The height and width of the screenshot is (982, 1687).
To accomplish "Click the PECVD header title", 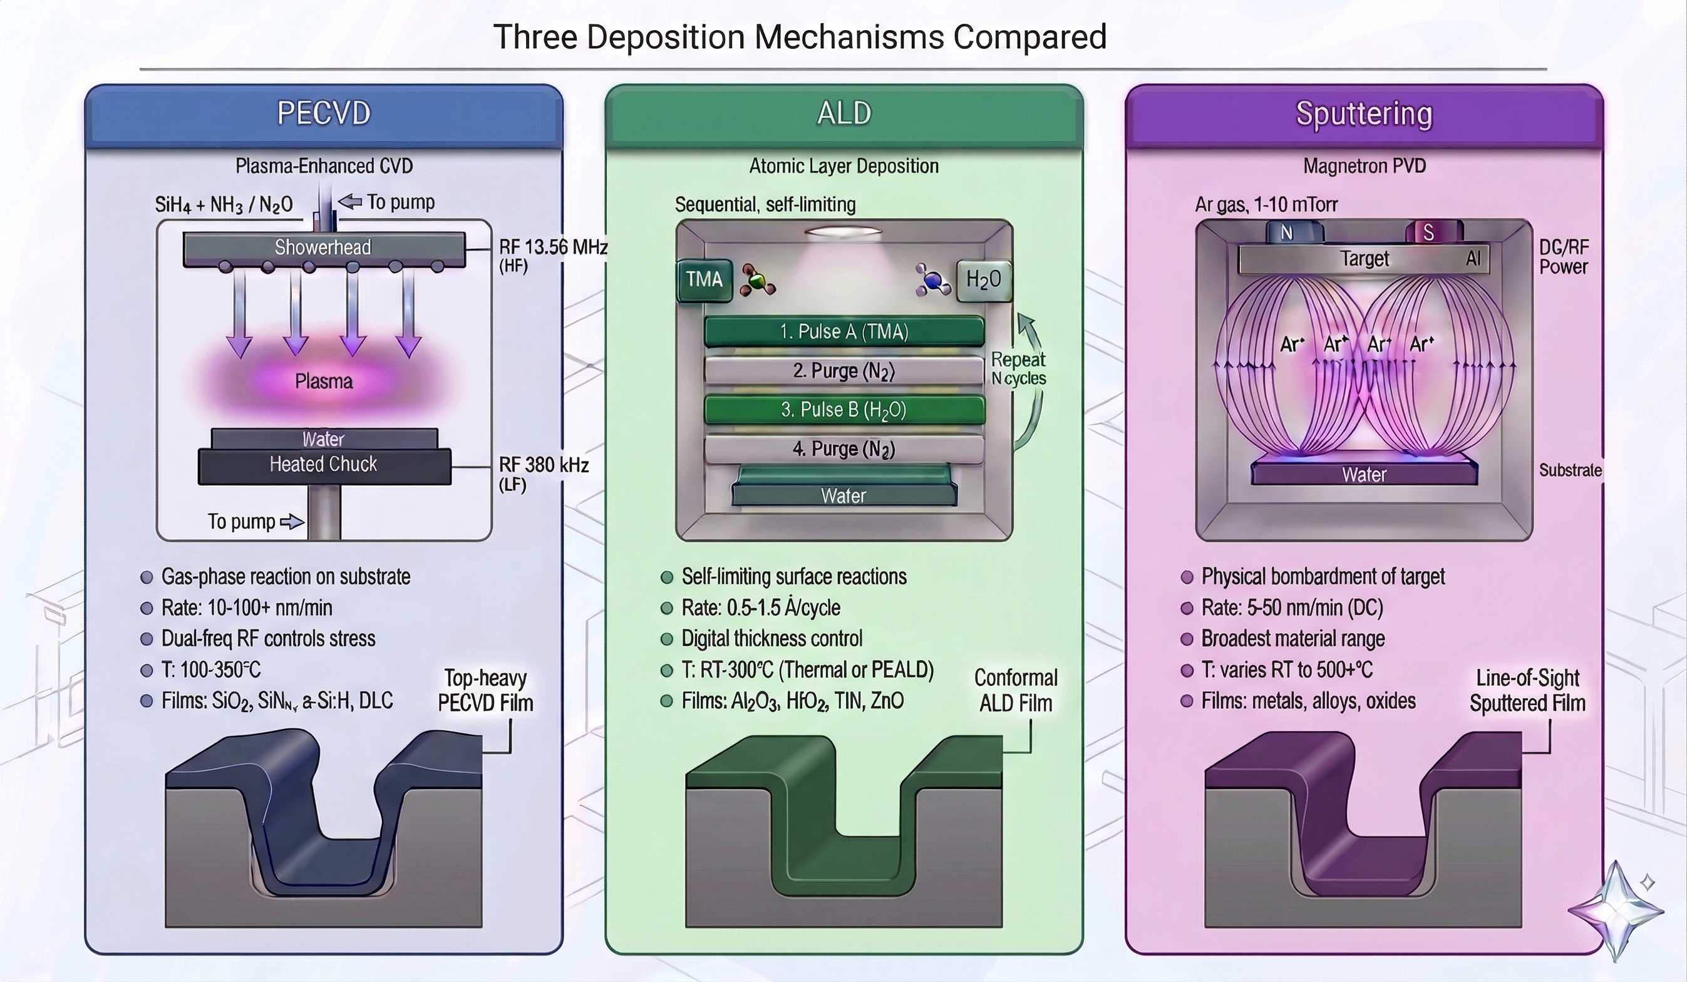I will [x=324, y=113].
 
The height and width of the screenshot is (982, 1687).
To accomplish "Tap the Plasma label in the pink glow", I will [x=324, y=381].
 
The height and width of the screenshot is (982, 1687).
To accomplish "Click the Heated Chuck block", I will [x=324, y=465].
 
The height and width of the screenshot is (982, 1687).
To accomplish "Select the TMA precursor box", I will [x=704, y=279].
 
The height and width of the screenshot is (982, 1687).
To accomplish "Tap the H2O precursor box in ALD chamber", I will [x=983, y=279].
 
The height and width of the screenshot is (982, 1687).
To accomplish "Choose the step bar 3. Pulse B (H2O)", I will [x=844, y=410].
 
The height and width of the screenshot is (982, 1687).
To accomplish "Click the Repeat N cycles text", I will [x=1018, y=369].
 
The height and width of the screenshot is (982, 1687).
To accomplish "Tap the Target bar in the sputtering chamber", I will [x=1364, y=259].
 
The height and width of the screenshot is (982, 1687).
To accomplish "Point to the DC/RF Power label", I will [x=1563, y=257].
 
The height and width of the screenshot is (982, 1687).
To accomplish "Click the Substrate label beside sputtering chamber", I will [x=1570, y=470].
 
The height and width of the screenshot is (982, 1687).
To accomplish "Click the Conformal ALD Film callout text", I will [x=1016, y=690].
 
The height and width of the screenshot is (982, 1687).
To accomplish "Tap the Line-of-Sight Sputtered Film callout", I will [x=1527, y=690].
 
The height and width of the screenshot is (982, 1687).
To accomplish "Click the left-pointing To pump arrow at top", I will [x=350, y=202].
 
